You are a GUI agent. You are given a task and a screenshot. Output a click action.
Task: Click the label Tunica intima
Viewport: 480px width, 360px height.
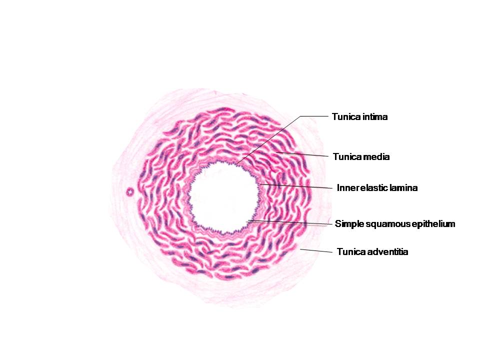pyautogui.click(x=359, y=117)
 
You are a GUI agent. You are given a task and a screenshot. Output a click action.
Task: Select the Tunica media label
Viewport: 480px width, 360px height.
pyautogui.click(x=361, y=157)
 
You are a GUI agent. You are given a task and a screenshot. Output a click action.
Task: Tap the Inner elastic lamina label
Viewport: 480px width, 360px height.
pyautogui.click(x=377, y=188)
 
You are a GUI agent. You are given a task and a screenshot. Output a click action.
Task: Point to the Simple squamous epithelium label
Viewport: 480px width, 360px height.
pyautogui.click(x=395, y=224)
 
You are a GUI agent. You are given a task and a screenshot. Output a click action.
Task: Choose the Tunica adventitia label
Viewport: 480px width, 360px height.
pyautogui.click(x=372, y=252)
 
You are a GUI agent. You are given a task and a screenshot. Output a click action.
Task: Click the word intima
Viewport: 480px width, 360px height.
pyautogui.click(x=374, y=117)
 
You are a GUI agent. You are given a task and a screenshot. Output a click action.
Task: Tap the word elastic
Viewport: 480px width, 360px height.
pyautogui.click(x=370, y=188)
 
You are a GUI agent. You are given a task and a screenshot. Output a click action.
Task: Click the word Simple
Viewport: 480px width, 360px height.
pyautogui.click(x=347, y=224)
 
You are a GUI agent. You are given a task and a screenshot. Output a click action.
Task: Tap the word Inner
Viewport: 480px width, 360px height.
pyautogui.click(x=346, y=188)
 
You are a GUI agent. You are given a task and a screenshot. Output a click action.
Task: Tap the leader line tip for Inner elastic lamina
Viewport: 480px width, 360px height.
pyautogui.click(x=261, y=184)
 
